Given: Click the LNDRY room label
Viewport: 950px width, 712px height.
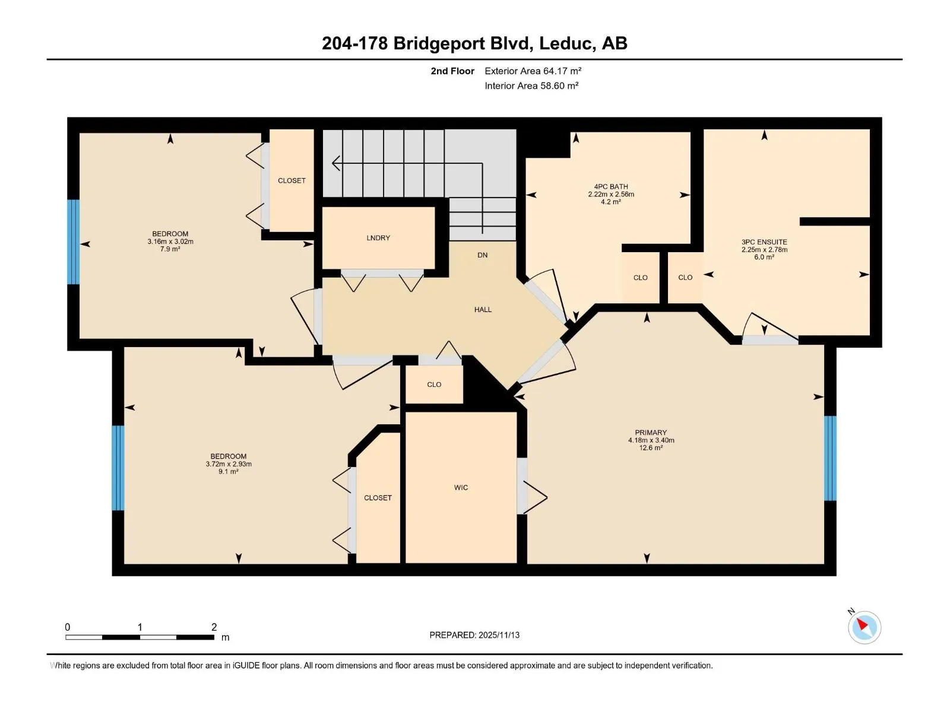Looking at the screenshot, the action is (x=378, y=238).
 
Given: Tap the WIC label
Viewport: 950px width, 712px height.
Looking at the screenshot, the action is (x=461, y=488).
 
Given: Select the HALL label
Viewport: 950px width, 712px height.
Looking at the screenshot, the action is (x=483, y=310).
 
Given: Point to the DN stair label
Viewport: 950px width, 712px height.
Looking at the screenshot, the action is (x=482, y=255).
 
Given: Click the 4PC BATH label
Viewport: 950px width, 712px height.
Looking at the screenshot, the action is (x=610, y=187).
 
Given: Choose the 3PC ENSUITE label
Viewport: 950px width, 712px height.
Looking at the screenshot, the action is (x=764, y=242).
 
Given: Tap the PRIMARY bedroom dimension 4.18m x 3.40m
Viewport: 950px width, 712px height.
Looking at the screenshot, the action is (x=651, y=440).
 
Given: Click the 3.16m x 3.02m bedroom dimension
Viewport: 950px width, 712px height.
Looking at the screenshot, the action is (x=170, y=241).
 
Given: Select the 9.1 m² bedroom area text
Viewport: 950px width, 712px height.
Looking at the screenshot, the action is (x=228, y=471).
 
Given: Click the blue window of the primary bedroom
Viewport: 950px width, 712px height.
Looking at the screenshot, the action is (x=829, y=458).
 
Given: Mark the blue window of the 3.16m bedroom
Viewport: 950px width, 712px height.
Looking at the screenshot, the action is (x=73, y=241).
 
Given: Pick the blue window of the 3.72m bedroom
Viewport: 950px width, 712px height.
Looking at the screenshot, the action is (x=118, y=468).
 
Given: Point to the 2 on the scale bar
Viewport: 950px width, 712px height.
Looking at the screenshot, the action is (x=214, y=627).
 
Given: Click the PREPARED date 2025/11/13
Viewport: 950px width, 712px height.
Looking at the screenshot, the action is (x=499, y=635).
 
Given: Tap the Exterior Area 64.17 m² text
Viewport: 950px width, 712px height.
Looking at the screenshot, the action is (x=533, y=71).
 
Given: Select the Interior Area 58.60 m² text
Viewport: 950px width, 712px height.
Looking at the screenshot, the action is (x=531, y=85).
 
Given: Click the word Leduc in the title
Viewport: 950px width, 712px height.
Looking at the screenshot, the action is (x=565, y=43).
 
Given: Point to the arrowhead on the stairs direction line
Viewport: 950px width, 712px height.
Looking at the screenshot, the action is (x=336, y=163).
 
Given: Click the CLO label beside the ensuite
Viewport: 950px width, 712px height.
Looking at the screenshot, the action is (x=685, y=278).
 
